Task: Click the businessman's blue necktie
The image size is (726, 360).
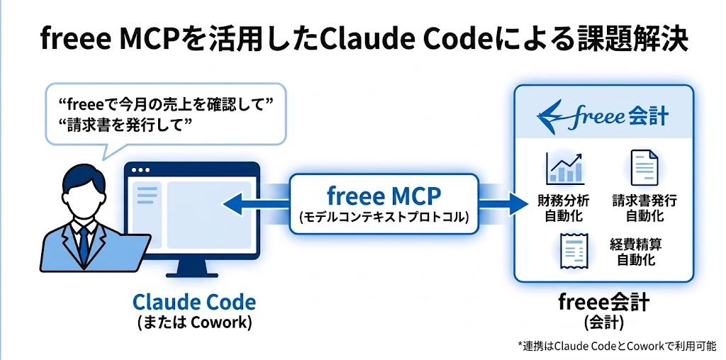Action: coord(84,244)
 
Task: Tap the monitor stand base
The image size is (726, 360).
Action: coord(191,275)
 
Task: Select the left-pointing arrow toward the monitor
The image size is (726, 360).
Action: coord(256,203)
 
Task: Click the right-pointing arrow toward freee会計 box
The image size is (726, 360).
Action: coord(503,203)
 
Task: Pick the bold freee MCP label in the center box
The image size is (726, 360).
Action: coord(384,196)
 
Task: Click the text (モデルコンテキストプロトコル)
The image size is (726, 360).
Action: coord(384,216)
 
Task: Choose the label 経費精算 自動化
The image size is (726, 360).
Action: coord(636,252)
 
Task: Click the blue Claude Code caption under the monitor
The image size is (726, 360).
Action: coord(194,302)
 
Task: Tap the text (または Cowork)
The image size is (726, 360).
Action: coord(194,322)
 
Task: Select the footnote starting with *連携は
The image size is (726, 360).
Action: coord(618,345)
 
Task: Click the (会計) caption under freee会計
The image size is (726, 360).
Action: coord(603,322)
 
